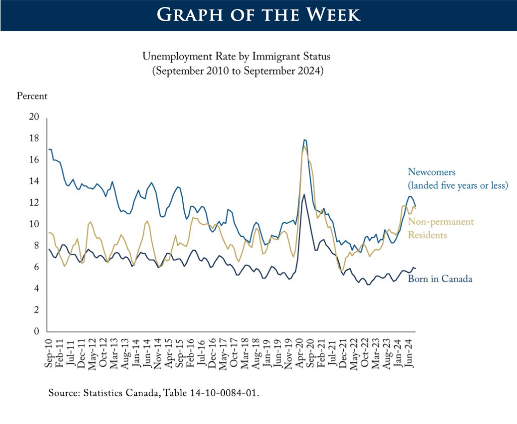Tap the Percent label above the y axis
tap(32, 95)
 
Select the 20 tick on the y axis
tap(34, 117)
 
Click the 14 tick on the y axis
tap(34, 181)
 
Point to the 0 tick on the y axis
tap(36, 332)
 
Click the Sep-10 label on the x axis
tap(49, 351)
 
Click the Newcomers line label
tap(431, 173)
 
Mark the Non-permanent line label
tap(441, 222)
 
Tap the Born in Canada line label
tap(440, 278)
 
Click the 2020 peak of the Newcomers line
tap(304, 140)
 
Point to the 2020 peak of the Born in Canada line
tap(303, 195)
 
